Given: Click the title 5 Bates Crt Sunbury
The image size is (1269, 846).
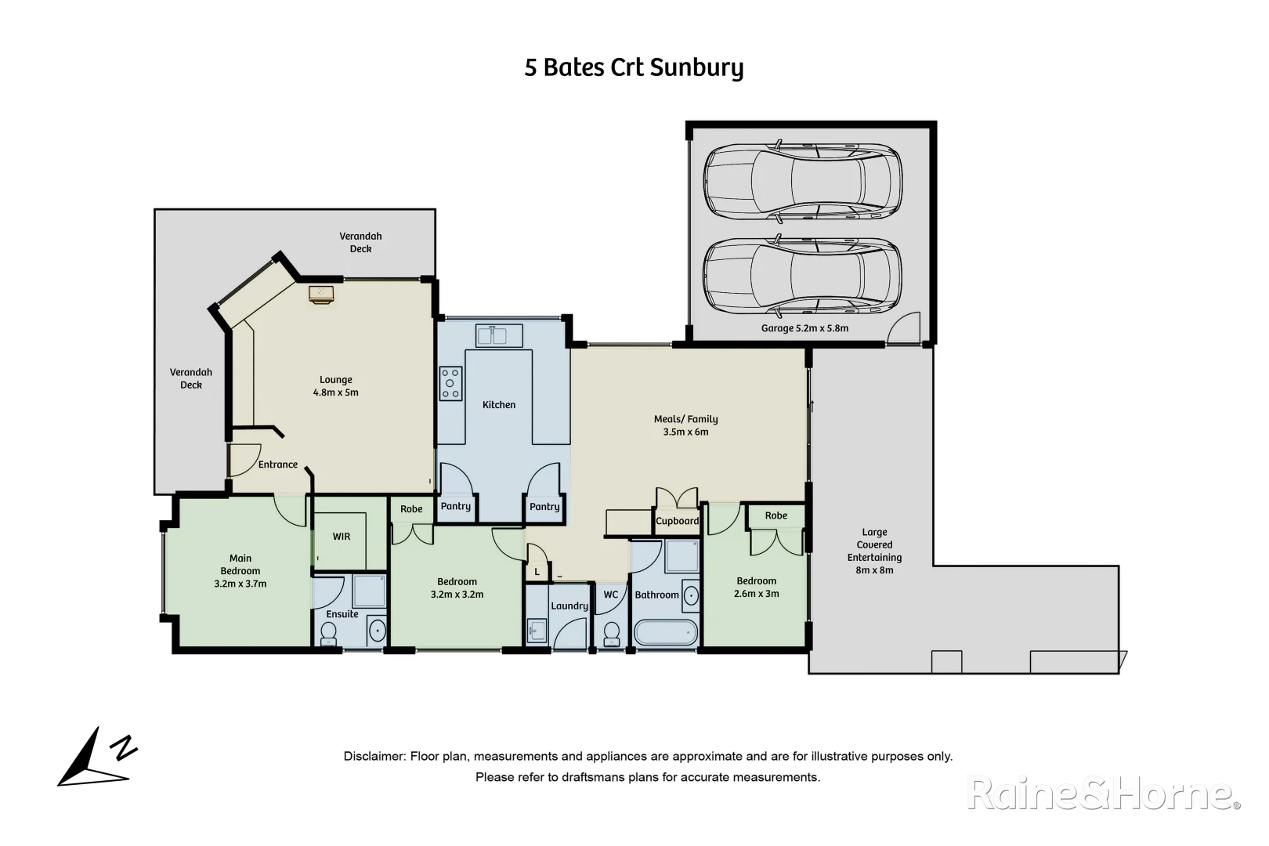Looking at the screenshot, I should coord(634,68).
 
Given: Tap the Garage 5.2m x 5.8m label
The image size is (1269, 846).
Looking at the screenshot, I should coord(804,328).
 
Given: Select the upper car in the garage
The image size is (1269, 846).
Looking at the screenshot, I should coord(802,180).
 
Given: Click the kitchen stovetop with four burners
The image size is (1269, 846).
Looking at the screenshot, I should coord(450,384).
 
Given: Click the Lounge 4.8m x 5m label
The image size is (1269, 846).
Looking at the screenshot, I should coord(336,386).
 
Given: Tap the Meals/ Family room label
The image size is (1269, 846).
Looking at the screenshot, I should coord(685,425).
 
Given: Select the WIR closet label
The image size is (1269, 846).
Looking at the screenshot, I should coord(342,537).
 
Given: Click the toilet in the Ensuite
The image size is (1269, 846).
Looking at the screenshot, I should coord(329,634).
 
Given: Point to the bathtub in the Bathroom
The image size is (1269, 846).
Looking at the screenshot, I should coord(664,632).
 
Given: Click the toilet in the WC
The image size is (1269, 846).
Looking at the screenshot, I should coord(611,631).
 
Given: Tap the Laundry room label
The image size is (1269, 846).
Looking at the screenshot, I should coord(569,606).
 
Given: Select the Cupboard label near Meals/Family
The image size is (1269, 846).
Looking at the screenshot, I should coord(677,521).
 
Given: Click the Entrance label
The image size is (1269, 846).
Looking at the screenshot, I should coord(278,465).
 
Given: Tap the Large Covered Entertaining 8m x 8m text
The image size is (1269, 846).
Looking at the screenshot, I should coord(874,551).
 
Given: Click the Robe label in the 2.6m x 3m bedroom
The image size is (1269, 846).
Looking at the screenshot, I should coord(775,515).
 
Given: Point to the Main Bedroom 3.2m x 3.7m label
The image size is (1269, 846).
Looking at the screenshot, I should coord(240,571).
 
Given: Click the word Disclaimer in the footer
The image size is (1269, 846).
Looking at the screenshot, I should coord(374,757).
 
